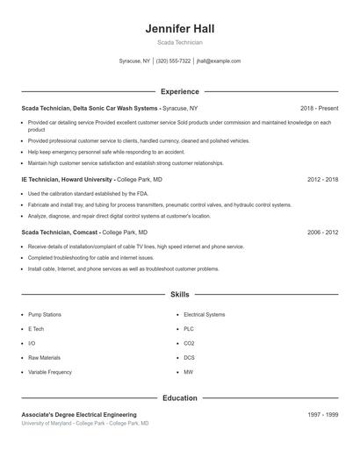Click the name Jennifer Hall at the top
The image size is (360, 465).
179,28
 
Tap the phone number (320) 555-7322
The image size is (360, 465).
173,61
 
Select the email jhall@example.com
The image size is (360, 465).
219,61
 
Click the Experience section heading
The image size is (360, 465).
179,91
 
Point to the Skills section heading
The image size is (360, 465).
179,295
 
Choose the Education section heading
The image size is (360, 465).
179,397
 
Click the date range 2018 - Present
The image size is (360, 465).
319,107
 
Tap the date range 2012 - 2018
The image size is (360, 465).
322,179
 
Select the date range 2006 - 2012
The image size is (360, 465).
322,232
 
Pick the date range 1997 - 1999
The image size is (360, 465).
322,414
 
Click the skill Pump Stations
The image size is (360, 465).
45,314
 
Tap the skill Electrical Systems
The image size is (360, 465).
204,314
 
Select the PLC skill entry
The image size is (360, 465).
189,328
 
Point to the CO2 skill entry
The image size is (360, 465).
189,343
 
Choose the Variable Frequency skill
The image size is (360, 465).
50,372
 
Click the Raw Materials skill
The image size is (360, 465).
44,358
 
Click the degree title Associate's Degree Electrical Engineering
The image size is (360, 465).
79,414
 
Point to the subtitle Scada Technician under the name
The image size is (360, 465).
179,42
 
